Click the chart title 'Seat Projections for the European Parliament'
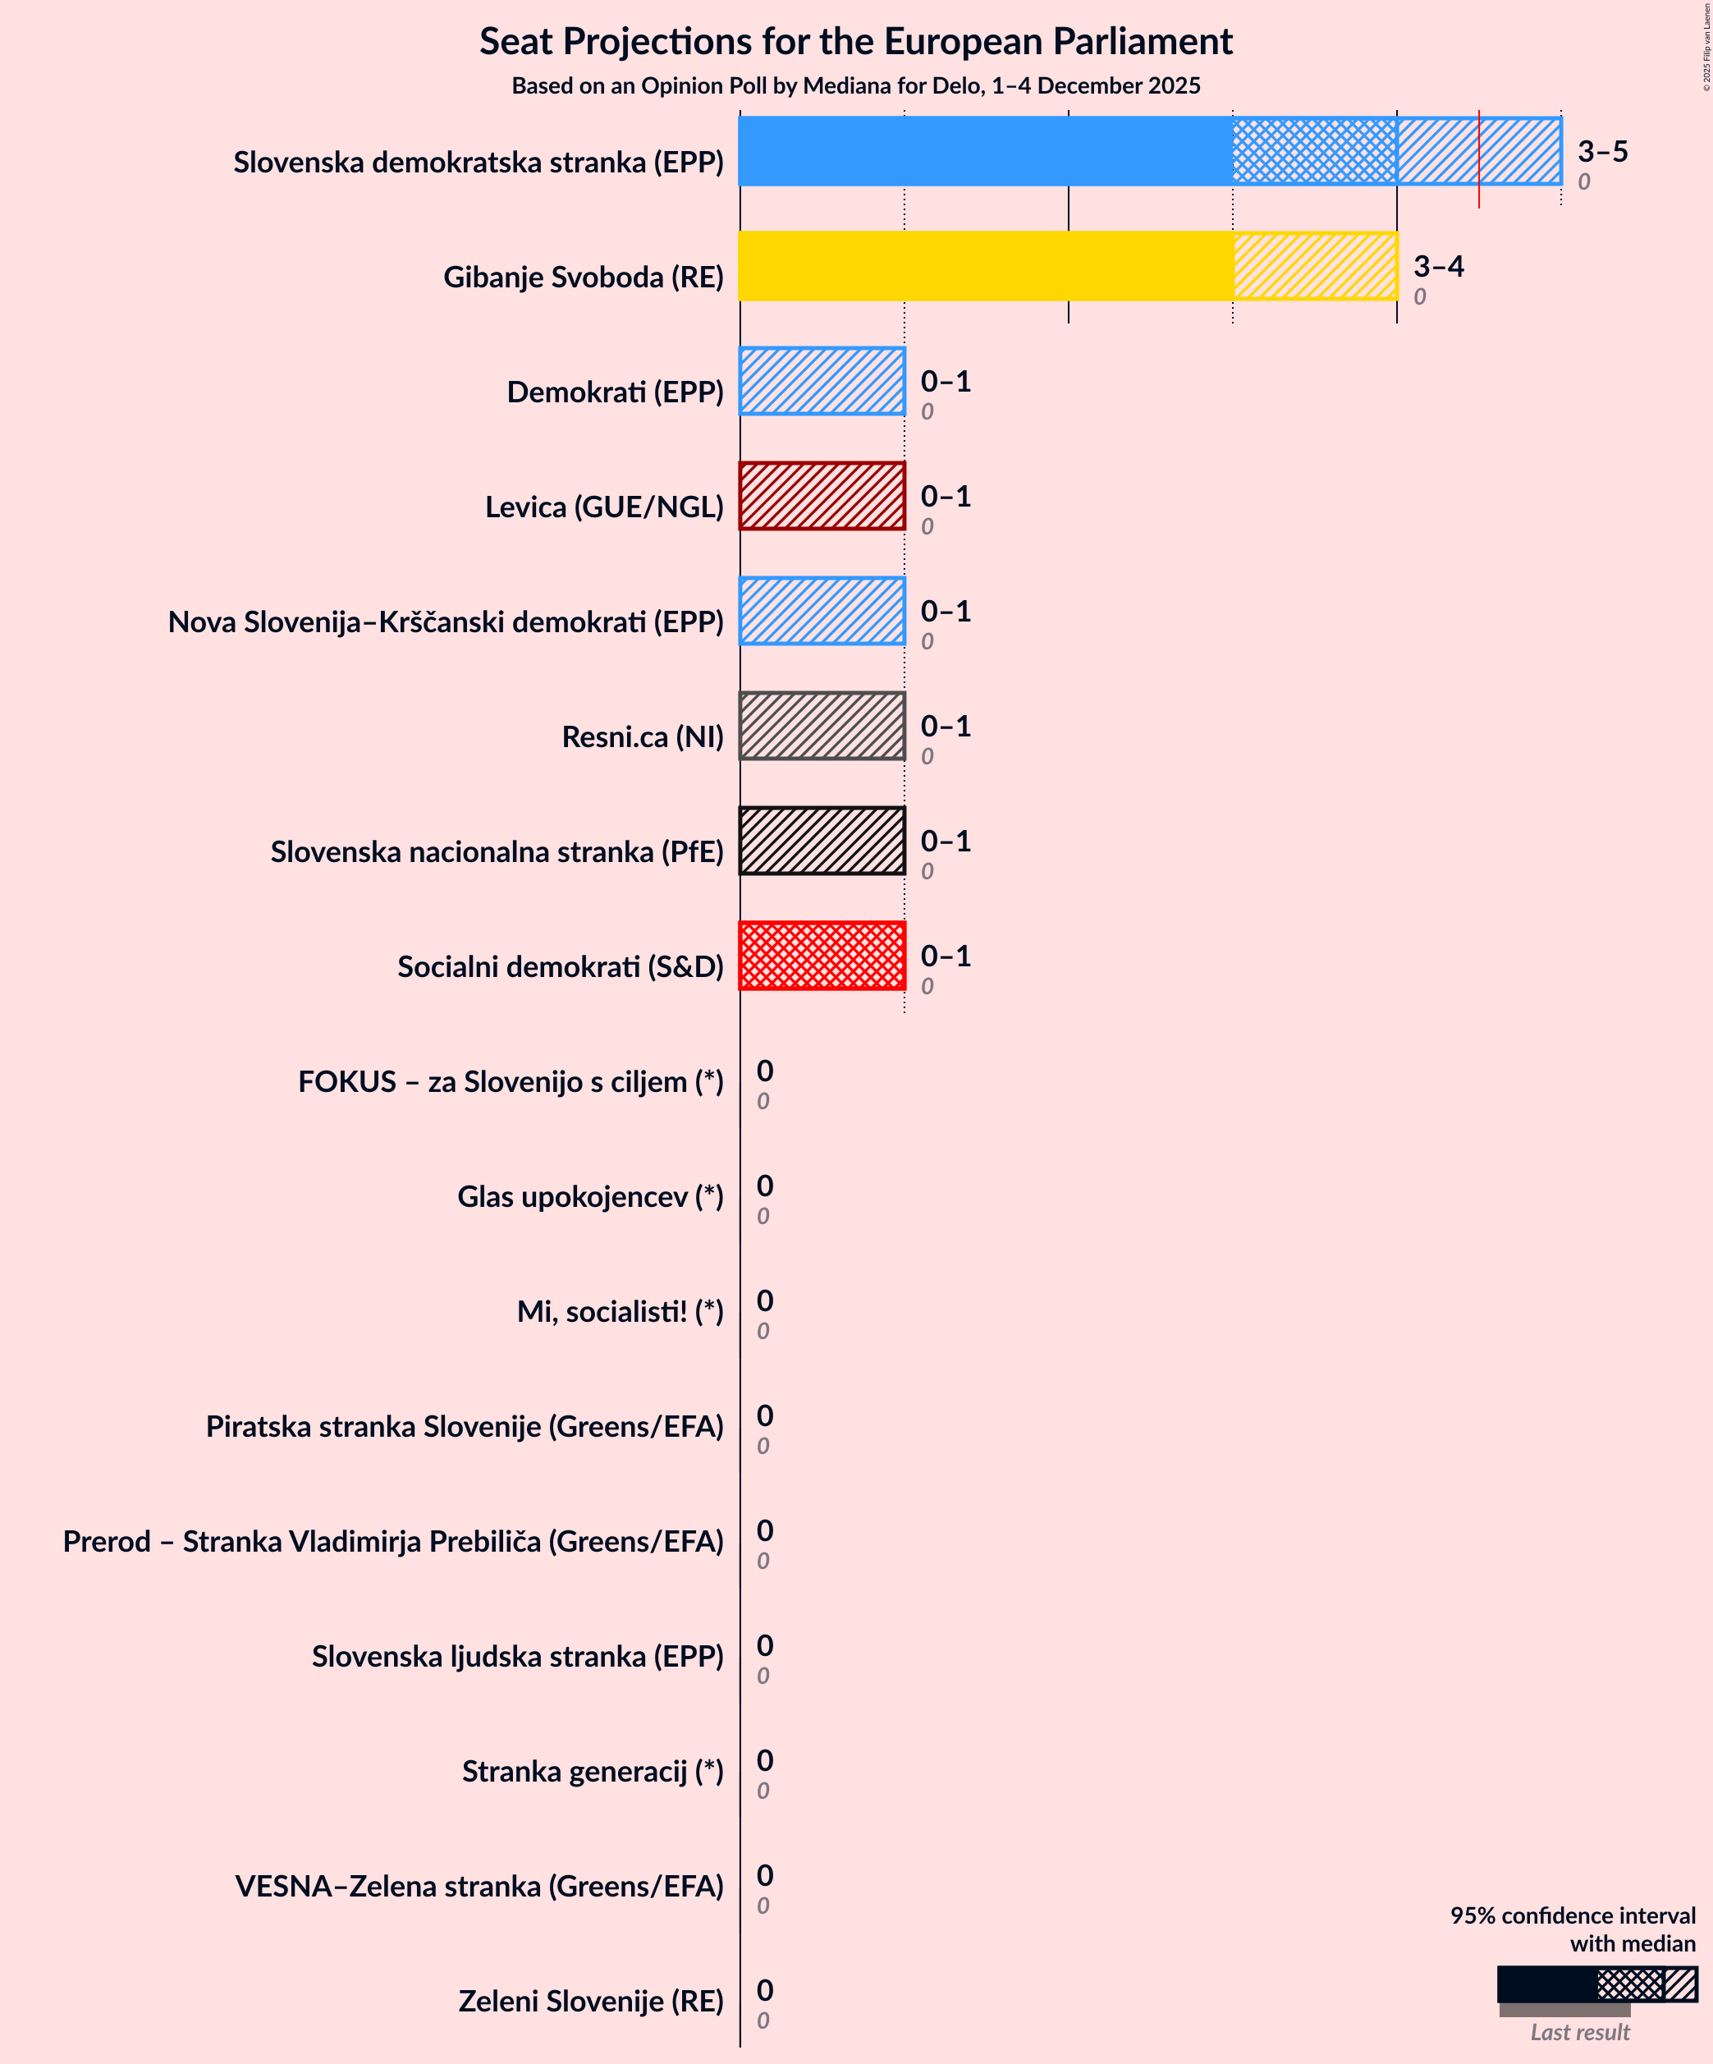pos(855,41)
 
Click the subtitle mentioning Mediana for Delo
pos(855,85)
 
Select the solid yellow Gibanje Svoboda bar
pos(986,265)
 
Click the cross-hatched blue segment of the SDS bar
pos(1314,151)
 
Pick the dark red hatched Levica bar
pos(822,495)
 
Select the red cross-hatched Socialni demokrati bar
pos(822,956)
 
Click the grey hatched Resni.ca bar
pos(822,725)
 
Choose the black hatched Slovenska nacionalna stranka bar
pos(822,841)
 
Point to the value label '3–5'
pos(1602,151)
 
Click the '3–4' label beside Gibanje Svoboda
pos(1438,266)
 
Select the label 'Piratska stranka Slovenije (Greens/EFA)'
pos(464,1426)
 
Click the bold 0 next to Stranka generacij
pos(765,1760)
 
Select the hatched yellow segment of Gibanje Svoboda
pos(1315,265)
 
